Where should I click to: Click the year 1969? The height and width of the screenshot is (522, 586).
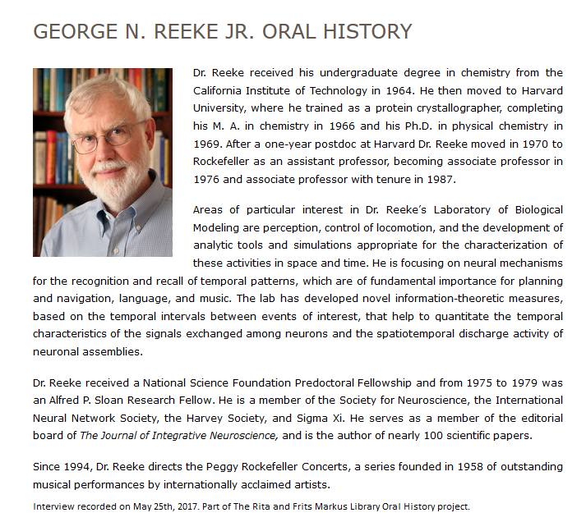(x=210, y=144)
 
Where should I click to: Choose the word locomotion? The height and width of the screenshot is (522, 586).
(x=437, y=227)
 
